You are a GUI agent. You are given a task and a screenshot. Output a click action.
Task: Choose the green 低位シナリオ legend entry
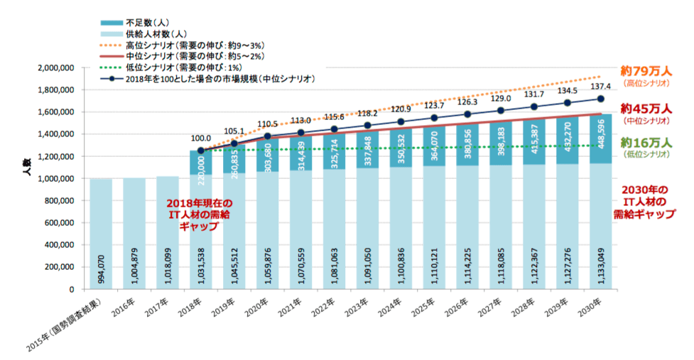pos(184,67)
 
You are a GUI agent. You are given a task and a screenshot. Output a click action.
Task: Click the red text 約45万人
pos(646,109)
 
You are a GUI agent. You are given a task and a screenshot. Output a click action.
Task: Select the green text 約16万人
pos(646,142)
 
